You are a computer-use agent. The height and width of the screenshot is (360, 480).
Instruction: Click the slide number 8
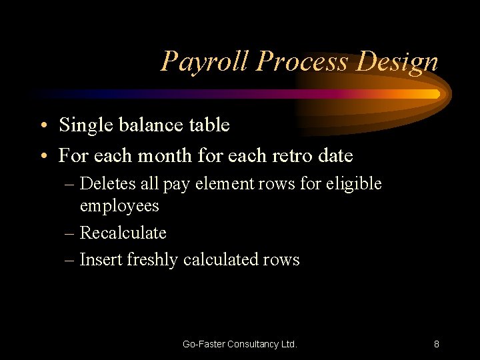click(436, 344)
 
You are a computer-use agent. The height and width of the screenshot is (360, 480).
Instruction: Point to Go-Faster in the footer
click(203, 344)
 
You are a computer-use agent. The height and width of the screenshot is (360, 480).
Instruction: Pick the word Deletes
click(106, 183)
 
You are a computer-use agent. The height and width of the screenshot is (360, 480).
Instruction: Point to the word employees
click(119, 205)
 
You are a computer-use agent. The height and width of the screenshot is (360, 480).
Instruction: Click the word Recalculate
click(123, 233)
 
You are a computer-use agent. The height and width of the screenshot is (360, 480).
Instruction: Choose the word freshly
click(151, 259)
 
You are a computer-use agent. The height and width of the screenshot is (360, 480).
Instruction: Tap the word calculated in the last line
click(219, 259)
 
